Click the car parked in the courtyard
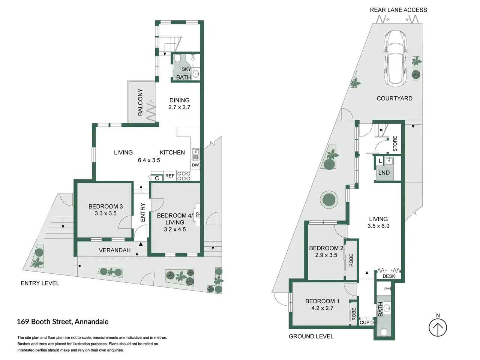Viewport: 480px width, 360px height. coord(395,58)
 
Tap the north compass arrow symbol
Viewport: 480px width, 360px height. coord(438,327)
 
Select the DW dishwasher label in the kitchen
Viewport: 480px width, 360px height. coord(195,165)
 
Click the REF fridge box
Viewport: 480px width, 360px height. coord(170,176)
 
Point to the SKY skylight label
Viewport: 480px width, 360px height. coord(186,69)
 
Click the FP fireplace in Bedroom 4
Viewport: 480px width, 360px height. coord(198,215)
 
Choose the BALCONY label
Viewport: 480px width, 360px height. coord(140,102)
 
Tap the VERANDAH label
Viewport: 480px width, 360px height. coord(115,250)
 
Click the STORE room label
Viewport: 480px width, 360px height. coord(395,144)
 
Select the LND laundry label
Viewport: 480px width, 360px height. coord(384,172)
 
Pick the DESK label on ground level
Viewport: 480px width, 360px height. coord(389,276)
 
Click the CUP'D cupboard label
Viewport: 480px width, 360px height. coord(367,322)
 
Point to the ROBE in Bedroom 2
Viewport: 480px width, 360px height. coord(351,260)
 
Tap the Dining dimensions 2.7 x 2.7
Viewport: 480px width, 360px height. coord(179,107)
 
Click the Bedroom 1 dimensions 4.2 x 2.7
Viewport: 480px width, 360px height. coord(322,308)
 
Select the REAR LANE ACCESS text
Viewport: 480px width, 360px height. coord(398,10)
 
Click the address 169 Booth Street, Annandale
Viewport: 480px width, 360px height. coord(63,322)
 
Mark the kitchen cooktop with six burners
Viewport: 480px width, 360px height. coord(184,176)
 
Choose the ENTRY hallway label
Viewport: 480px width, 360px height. coord(142,212)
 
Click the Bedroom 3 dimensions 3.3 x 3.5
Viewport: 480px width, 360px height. coord(106,213)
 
